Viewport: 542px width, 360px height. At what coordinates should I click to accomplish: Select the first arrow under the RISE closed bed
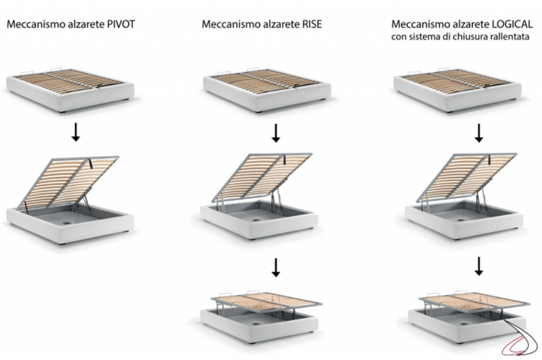coord(275,132)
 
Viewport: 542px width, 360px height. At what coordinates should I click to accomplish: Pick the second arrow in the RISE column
coord(275,268)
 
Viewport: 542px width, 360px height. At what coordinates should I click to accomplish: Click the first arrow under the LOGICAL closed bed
coord(478,132)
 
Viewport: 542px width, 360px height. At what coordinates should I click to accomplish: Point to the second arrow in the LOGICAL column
coord(478,268)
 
